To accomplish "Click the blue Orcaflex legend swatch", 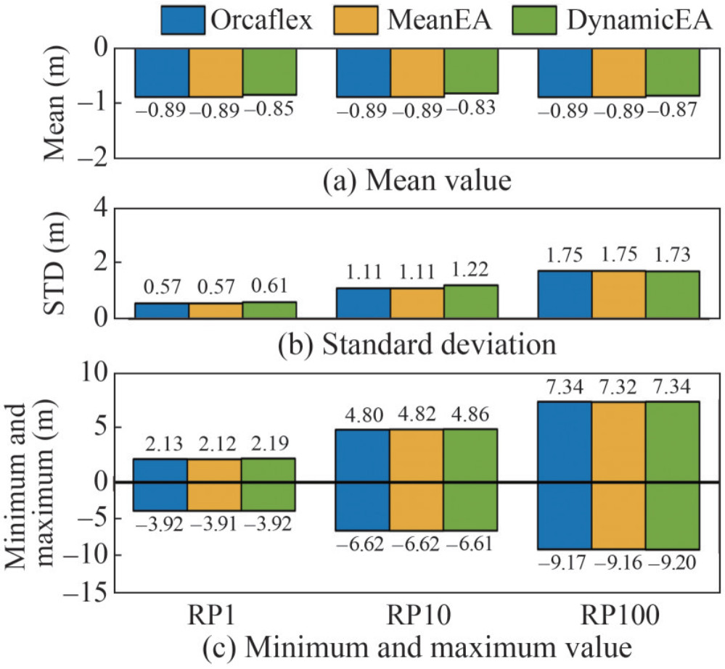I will tap(181, 20).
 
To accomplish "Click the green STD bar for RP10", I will tap(470, 302).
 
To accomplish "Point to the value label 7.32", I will tap(618, 387).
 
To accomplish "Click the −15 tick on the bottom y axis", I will tap(105, 592).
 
